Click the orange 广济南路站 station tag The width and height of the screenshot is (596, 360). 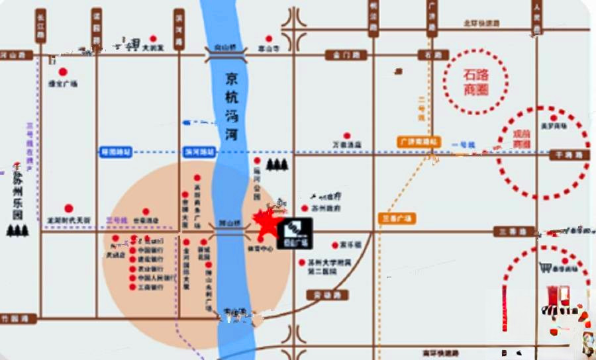tap(419, 142)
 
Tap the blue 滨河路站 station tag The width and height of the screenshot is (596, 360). tap(199, 152)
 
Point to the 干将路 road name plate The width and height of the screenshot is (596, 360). tap(569, 154)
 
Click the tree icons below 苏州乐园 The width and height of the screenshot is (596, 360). tap(18, 230)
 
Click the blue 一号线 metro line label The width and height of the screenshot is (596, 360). tap(460, 144)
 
